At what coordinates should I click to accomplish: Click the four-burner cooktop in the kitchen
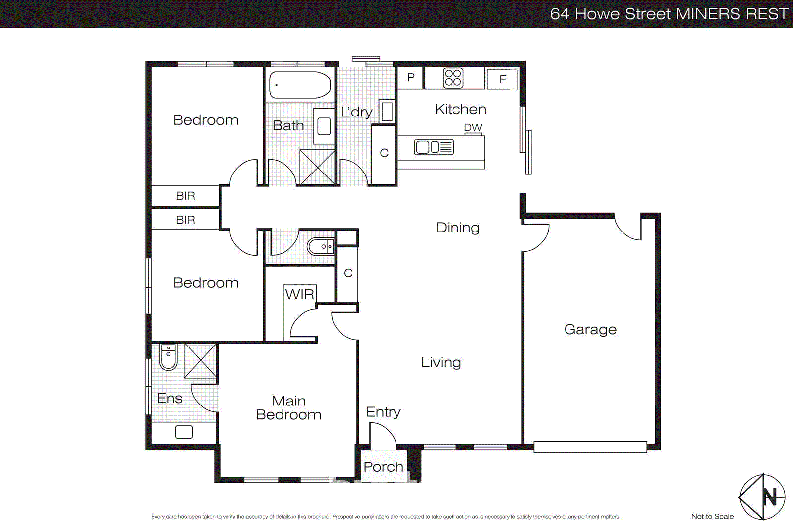453,78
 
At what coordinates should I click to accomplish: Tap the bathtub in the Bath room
300,85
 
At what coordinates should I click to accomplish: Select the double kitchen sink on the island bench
434,147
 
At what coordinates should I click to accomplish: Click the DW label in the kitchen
473,127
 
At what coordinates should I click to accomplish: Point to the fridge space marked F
502,79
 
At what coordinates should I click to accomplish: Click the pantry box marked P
410,78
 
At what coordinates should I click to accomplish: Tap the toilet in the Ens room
169,357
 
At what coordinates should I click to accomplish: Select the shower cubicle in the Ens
200,360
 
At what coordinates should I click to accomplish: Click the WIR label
299,294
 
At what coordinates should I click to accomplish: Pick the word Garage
590,329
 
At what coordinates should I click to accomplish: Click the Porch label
383,467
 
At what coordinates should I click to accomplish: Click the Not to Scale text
712,516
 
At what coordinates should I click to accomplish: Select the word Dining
457,228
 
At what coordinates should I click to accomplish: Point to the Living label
441,362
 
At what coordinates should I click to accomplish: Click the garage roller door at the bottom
590,447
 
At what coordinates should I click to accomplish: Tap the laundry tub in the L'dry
387,111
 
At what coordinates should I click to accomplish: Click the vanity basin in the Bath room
324,126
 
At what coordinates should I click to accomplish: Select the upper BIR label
185,196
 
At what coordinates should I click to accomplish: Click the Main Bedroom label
288,407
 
